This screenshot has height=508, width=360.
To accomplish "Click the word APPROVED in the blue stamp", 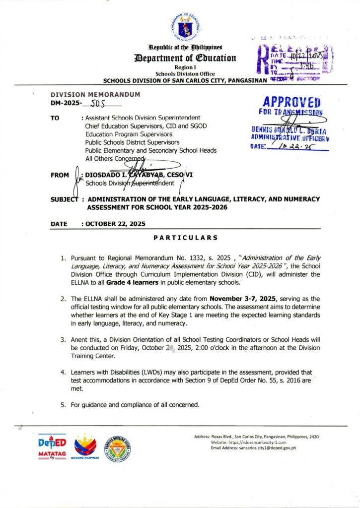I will tap(291, 102).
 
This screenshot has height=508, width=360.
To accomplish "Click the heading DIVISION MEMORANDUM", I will tap(95, 94).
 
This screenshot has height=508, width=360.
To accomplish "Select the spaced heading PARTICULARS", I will tap(186, 238).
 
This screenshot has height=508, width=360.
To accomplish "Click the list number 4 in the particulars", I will tap(63, 372).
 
